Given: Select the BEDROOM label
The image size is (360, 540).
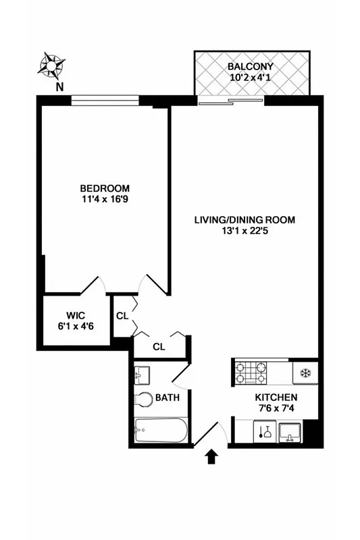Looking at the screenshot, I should [x=105, y=188].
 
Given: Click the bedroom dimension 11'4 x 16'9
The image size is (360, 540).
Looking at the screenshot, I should [x=105, y=200].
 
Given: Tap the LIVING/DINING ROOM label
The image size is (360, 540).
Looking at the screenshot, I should [x=245, y=220].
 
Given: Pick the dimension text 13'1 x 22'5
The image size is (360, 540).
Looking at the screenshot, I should [x=245, y=232].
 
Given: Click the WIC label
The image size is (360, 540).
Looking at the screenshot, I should [x=75, y=315].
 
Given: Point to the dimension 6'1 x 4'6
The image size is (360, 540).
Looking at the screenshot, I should [x=75, y=327].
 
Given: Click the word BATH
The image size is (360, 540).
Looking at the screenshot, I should [x=168, y=398].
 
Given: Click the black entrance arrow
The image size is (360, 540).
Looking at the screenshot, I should [x=211, y=458].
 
